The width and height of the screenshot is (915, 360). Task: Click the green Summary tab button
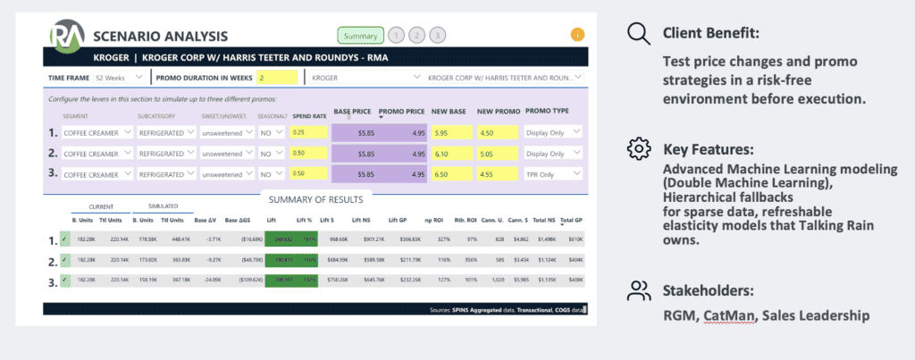[x=361, y=36]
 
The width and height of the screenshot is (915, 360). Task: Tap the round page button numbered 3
[x=437, y=36]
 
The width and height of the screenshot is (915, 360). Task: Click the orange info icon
[x=577, y=36]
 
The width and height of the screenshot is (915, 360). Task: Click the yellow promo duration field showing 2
[x=277, y=78]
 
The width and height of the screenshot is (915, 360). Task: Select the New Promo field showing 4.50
[x=497, y=132]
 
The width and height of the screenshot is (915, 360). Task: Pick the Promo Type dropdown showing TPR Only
[x=553, y=173]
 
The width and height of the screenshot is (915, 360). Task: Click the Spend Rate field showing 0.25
[x=308, y=132]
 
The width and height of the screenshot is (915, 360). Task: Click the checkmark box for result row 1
[x=63, y=240]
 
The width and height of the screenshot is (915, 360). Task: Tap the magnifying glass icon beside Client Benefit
[x=638, y=35]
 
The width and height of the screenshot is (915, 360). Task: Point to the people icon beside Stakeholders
[x=638, y=289]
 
